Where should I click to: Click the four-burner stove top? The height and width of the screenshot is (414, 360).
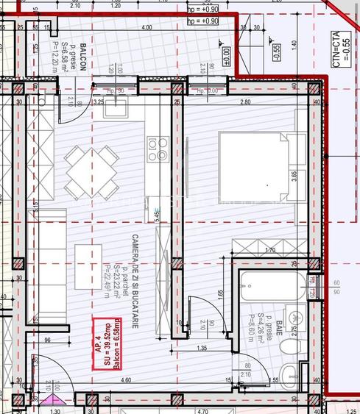click(158, 149)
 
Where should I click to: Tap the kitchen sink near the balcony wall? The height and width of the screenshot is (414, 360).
click(116, 107)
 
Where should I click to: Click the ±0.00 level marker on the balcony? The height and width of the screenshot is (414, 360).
click(227, 53)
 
